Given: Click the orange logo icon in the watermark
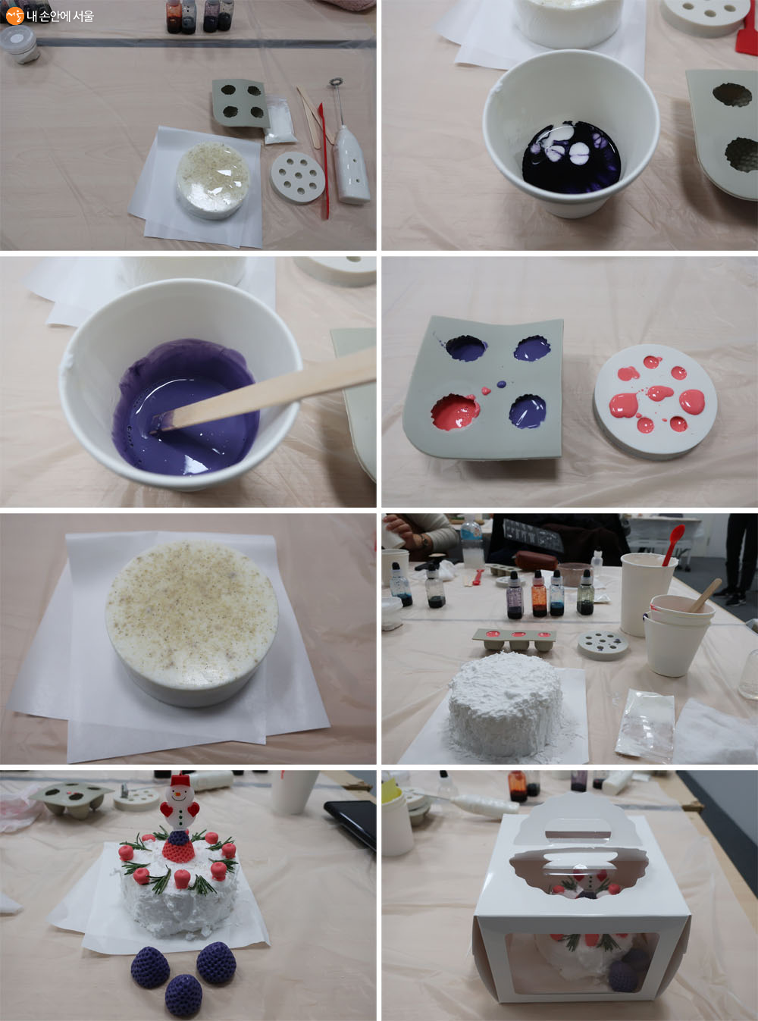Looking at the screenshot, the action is [x=14, y=16].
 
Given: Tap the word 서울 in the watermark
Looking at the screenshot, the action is [x=83, y=17].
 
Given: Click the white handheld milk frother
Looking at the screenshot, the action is [x=349, y=146].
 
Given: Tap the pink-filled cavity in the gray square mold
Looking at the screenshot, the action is [x=455, y=412].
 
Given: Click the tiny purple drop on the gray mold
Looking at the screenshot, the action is [x=502, y=383].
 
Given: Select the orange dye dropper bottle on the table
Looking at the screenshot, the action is [x=539, y=593].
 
